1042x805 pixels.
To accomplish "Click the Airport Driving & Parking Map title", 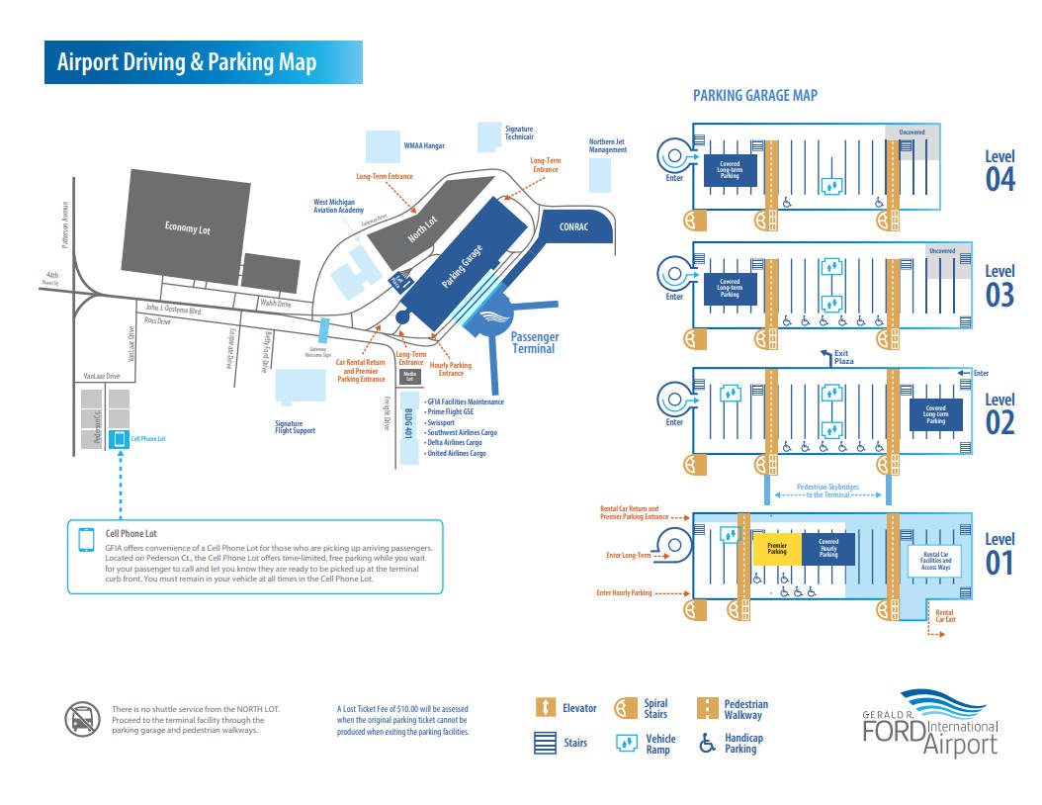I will pyautogui.click(x=187, y=62).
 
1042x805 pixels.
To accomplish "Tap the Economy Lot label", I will pyautogui.click(x=188, y=229).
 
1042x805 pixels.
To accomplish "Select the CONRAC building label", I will pyautogui.click(x=573, y=227).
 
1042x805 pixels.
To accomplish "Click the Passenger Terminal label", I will pyautogui.click(x=534, y=342).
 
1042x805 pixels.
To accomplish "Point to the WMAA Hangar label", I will pyautogui.click(x=424, y=146).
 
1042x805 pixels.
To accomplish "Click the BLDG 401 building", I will pyautogui.click(x=409, y=425).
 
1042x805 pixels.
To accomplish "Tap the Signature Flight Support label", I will pyautogui.click(x=296, y=427).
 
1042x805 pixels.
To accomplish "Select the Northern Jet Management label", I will pyautogui.click(x=608, y=146).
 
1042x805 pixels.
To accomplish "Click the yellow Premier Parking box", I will pyautogui.click(x=777, y=548).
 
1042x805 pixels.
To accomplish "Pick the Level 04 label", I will pyautogui.click(x=999, y=170).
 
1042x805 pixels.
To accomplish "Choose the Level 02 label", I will pyautogui.click(x=999, y=414).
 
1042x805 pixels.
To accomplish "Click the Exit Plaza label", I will pyautogui.click(x=843, y=358).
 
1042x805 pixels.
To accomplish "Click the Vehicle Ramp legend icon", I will pyautogui.click(x=626, y=744).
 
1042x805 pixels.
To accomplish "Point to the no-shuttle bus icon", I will pyautogui.click(x=83, y=719).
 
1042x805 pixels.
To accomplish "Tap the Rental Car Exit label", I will pyautogui.click(x=945, y=620).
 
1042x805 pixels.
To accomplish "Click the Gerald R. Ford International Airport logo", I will pyautogui.click(x=930, y=724).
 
